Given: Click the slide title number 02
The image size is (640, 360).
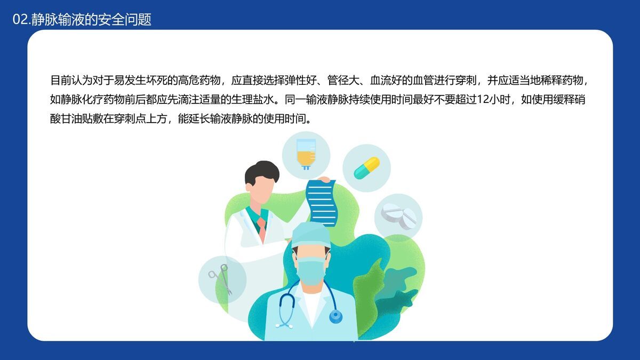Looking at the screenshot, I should point(20,20).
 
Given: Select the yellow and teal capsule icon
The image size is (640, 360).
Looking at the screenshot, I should point(367,167).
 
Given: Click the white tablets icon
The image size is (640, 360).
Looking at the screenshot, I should point(398,217).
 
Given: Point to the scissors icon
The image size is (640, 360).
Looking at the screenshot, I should point(221,279).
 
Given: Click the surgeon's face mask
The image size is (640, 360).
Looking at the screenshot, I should point(311,271).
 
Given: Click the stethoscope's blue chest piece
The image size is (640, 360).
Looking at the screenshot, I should point(335,317).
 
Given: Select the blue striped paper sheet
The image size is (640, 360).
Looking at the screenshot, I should point(322,203).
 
